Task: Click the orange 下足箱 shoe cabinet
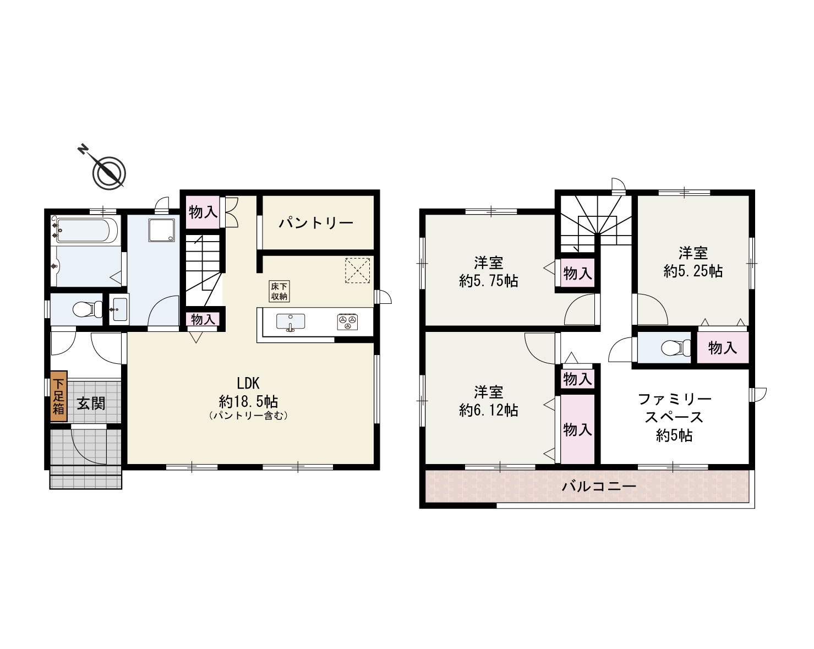coord(59,396)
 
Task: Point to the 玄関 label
coord(91,403)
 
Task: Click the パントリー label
coord(316,223)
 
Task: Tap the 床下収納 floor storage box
coord(279,291)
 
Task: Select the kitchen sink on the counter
coord(291,322)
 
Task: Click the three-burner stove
coord(347,321)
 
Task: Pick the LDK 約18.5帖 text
coord(248,392)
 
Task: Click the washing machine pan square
coord(162,230)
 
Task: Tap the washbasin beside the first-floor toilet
coord(119,309)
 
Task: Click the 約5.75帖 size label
coord(489,281)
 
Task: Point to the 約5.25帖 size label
coord(693,271)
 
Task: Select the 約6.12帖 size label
coord(489,410)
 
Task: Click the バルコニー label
coord(599,486)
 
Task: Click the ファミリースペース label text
coord(674,408)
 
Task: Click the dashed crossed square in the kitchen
coord(357,271)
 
